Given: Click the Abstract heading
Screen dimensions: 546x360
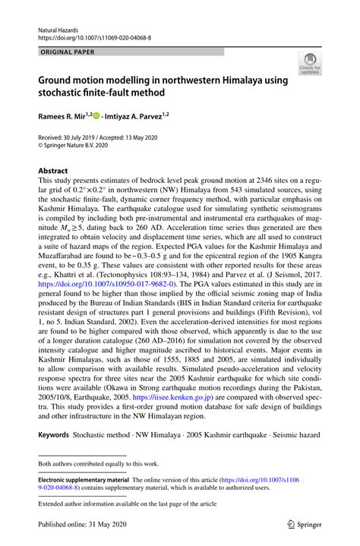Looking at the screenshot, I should pos(53,171).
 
